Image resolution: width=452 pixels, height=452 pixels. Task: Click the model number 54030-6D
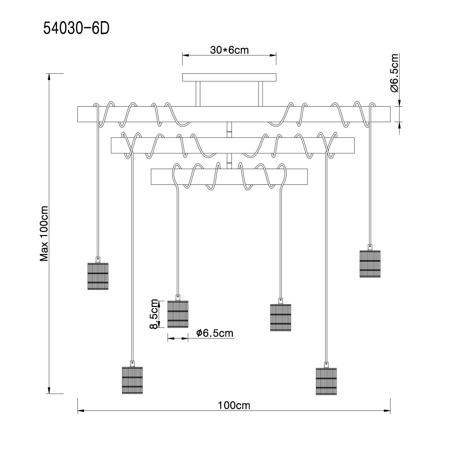click(76, 28)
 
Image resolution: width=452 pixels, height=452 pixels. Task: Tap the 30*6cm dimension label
click(229, 50)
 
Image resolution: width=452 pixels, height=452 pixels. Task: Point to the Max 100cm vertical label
click(44, 234)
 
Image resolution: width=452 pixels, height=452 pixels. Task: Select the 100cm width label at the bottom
click(234, 405)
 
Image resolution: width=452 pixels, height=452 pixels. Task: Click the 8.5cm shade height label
click(154, 314)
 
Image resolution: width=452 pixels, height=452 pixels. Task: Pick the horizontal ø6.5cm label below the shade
click(215, 333)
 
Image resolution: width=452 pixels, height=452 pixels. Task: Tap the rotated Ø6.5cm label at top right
click(394, 73)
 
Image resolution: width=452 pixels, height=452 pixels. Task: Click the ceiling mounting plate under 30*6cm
click(229, 77)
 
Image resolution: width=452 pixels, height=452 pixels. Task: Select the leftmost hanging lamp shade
click(98, 276)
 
